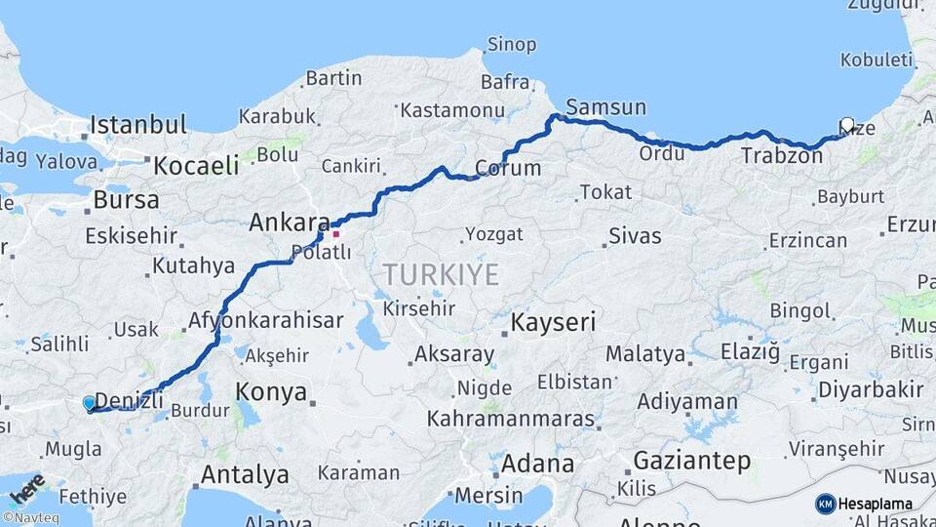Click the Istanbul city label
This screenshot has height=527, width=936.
pyautogui.click(x=137, y=125)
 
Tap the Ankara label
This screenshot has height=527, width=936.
pyautogui.click(x=290, y=223)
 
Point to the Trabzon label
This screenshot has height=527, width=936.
pyautogui.click(x=782, y=156)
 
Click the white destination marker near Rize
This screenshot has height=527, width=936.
pyautogui.click(x=847, y=125)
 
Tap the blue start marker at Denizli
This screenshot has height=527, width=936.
pyautogui.click(x=90, y=403)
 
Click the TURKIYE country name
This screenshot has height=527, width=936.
pyautogui.click(x=441, y=274)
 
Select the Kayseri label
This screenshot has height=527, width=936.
pyautogui.click(x=554, y=322)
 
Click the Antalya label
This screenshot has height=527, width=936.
pyautogui.click(x=245, y=475)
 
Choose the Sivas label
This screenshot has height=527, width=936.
pyautogui.click(x=635, y=236)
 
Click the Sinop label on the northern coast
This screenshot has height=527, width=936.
pyautogui.click(x=511, y=45)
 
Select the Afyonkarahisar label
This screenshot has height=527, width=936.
pyautogui.click(x=265, y=320)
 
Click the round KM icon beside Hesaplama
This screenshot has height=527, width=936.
pyautogui.click(x=825, y=504)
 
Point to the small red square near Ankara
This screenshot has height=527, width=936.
pyautogui.click(x=336, y=233)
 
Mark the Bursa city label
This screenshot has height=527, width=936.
pyautogui.click(x=126, y=200)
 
